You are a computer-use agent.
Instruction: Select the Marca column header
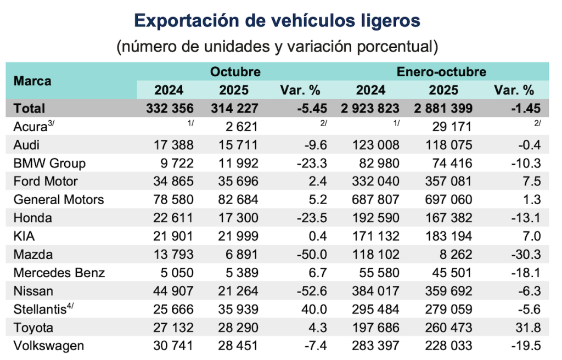[32, 81]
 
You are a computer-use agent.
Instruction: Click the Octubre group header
[235, 72]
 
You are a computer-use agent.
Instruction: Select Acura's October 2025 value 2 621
[239, 127]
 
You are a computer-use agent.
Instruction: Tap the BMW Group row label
[49, 163]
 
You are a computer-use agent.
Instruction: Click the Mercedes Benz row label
[59, 273]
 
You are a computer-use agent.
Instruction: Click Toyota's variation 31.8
[529, 328]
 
